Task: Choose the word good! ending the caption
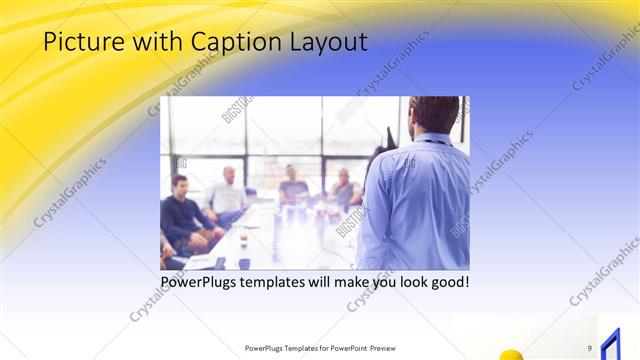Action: click(x=447, y=283)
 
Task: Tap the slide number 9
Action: click(x=590, y=347)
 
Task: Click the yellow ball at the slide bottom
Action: click(x=511, y=354)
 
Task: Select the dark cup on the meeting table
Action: click(x=245, y=263)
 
